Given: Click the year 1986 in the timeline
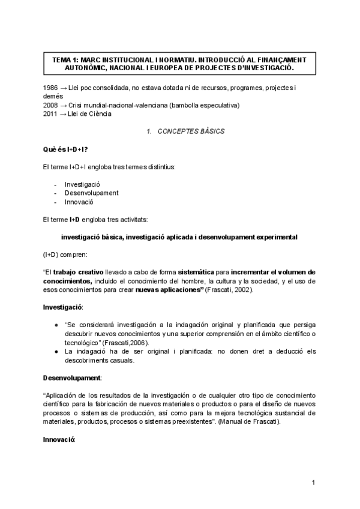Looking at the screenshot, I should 51,88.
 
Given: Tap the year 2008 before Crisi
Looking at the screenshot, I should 51,106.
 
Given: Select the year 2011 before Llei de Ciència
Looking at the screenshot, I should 51,114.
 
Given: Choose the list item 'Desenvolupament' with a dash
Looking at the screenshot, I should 91,193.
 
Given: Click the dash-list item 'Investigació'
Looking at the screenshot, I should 82,184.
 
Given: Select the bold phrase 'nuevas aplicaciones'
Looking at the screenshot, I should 167,290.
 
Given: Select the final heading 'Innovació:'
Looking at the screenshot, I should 59,440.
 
